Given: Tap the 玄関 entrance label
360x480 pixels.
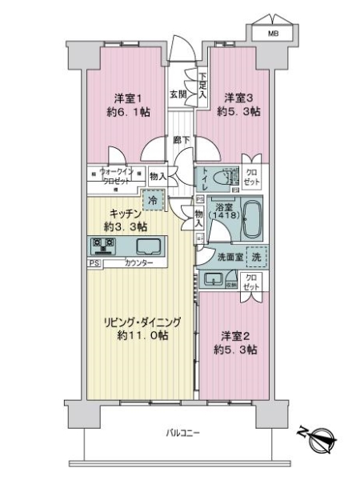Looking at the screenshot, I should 177,94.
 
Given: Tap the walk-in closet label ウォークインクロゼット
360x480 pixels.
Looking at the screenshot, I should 118,174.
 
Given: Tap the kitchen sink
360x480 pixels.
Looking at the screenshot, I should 147,246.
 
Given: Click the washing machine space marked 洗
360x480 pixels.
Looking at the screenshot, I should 255,258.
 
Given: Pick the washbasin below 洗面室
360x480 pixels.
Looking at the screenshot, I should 214,278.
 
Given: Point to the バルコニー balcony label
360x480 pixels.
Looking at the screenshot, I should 183,433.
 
